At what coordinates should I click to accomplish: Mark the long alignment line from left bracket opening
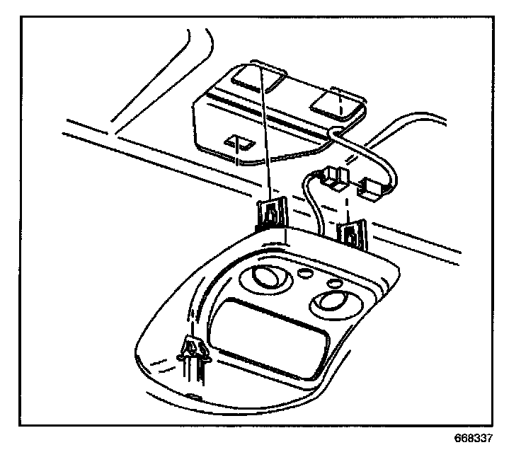pos(265,134)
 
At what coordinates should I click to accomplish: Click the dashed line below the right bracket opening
pos(342,125)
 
